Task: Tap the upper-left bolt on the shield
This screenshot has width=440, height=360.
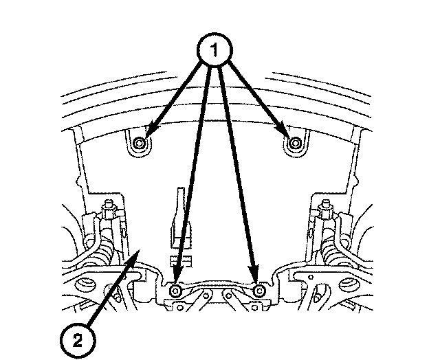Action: (x=140, y=143)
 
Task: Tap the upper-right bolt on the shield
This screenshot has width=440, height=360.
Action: (x=295, y=143)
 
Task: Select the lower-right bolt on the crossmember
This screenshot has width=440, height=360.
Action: (x=259, y=292)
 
